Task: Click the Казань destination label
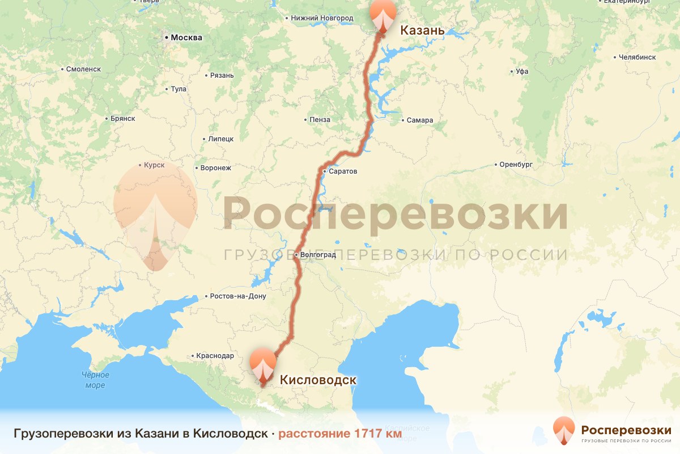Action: coord(422,30)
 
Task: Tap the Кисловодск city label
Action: coord(317,380)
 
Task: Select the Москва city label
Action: coord(186,38)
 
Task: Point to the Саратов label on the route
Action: coord(343,171)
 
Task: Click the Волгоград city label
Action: coord(318,255)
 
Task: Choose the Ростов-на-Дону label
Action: coord(237,296)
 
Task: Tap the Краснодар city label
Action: coord(215,356)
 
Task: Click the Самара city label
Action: coord(420,120)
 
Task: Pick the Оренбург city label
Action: coord(516,165)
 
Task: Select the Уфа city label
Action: coord(522,72)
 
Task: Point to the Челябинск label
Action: coord(637,57)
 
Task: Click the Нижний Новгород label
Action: coord(322,18)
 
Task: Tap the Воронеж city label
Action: coord(216,168)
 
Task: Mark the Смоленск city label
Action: coord(83,69)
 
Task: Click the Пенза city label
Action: coord(320,120)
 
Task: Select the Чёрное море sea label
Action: coord(95,380)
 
